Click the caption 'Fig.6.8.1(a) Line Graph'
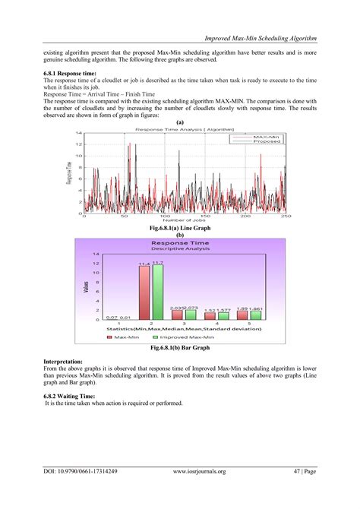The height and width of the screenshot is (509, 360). (x=180, y=227)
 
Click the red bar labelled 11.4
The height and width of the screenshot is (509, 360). (x=144, y=293)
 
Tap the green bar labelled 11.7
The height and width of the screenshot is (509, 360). (x=157, y=292)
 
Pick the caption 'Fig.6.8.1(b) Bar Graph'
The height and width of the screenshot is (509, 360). (x=180, y=347)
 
